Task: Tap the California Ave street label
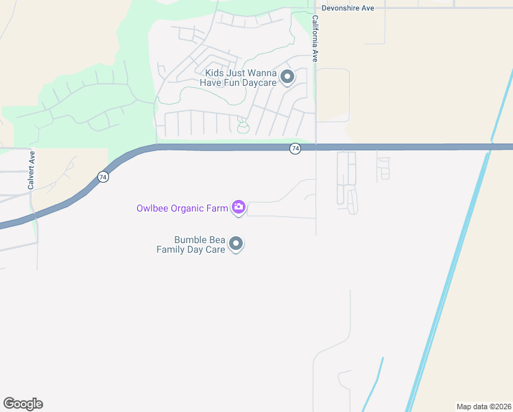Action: click(315, 39)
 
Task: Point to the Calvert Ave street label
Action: click(32, 170)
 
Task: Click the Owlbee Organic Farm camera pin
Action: click(238, 207)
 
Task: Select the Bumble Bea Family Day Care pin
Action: click(236, 244)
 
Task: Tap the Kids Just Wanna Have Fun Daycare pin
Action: click(287, 76)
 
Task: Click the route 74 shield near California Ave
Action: click(294, 148)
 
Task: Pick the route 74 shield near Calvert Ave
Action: click(102, 176)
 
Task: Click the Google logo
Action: click(23, 404)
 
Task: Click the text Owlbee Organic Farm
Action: click(181, 207)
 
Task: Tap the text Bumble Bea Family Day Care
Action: click(190, 244)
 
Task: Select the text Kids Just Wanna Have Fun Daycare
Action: click(237, 78)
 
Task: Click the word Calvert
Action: click(32, 174)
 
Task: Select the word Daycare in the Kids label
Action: click(259, 82)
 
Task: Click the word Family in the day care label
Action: click(170, 249)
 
